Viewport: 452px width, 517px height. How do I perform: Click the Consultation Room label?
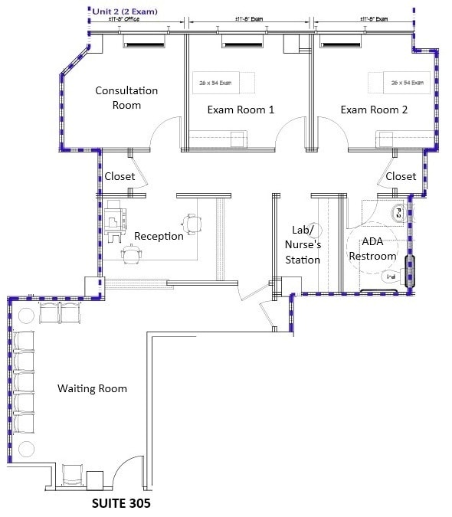pos(126,97)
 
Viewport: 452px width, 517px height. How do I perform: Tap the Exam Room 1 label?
pos(241,110)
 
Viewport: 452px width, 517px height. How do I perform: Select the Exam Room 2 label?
pos(374,110)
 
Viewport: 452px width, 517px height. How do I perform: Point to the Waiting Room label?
pos(92,388)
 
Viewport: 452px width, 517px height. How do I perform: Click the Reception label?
pos(159,236)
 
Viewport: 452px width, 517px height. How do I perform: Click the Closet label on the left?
pos(120,176)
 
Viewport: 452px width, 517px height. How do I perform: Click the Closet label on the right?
pos(401,176)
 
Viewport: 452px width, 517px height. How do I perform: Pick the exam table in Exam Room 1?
pos(216,83)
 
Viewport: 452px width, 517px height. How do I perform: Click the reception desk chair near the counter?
pos(193,224)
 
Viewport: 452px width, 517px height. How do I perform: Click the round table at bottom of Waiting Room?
pos(27,448)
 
